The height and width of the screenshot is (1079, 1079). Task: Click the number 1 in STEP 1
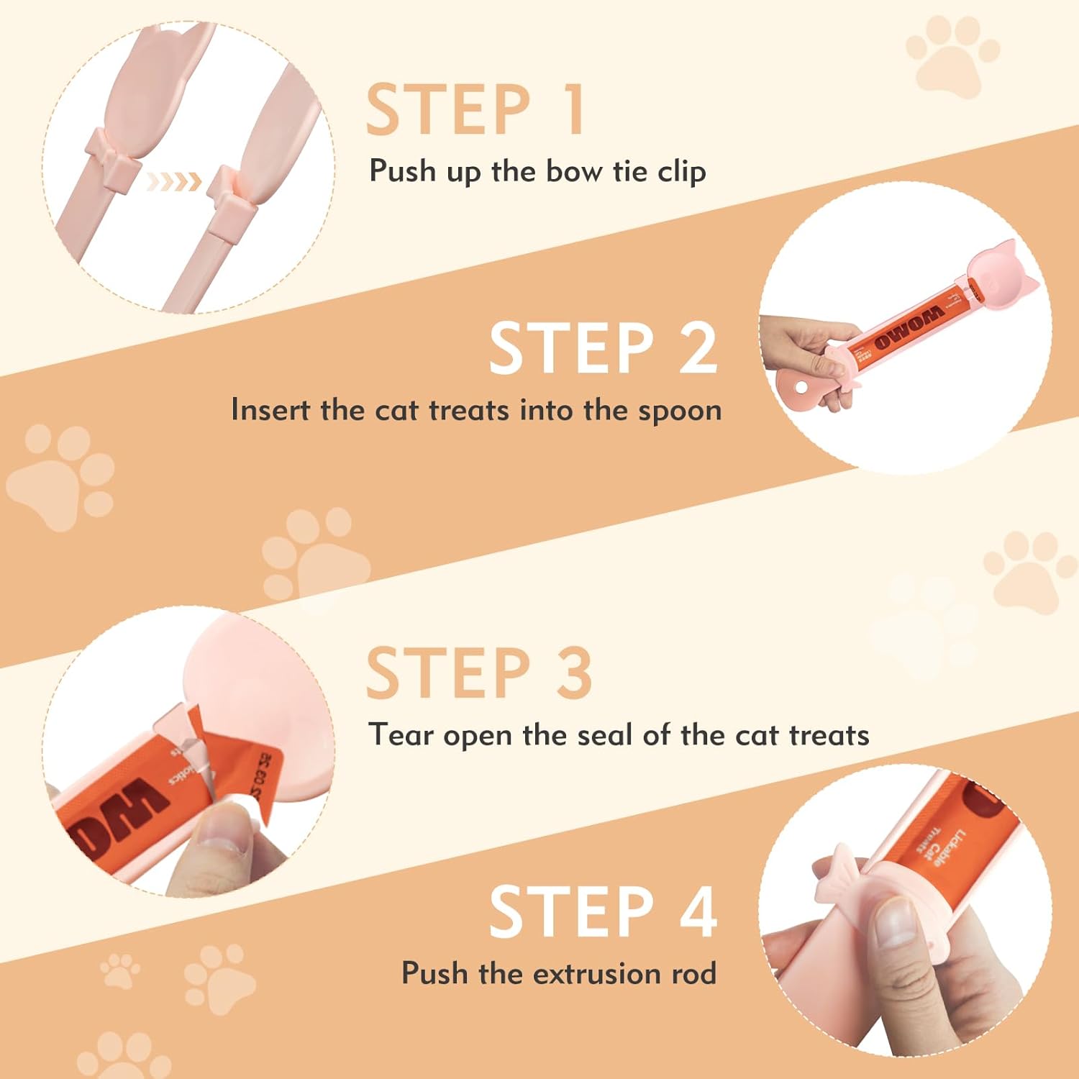573,109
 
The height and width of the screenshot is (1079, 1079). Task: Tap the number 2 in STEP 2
698,348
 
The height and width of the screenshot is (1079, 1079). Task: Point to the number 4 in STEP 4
698,911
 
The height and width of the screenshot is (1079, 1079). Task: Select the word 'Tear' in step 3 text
401,734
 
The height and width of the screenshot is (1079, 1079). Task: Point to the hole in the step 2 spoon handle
801,389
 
